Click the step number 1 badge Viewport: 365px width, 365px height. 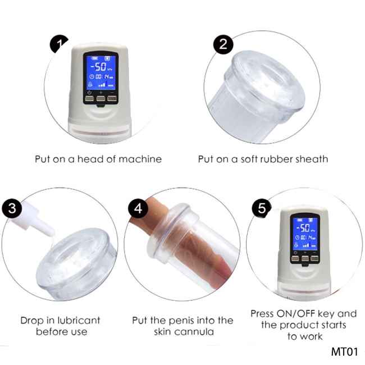[58, 44]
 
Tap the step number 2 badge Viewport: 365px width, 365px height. [223, 44]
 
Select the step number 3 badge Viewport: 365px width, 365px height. [12, 208]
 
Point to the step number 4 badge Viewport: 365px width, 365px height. [138, 208]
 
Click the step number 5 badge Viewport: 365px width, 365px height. [262, 208]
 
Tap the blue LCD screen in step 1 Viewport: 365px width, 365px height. [101, 72]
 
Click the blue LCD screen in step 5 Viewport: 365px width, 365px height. [305, 233]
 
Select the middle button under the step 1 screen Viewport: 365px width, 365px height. [101, 98]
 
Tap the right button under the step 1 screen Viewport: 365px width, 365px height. [112, 98]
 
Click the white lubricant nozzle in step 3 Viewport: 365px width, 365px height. [35, 219]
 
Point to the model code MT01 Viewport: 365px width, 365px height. [344, 352]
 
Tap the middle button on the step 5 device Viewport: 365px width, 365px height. [305, 258]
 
